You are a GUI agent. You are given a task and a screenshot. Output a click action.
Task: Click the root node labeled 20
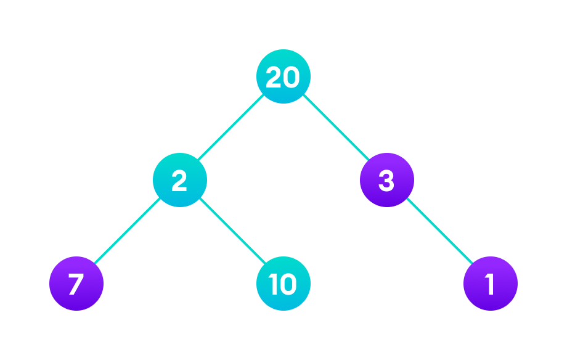click(x=283, y=76)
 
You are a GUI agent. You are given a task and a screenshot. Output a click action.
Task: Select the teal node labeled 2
click(x=179, y=180)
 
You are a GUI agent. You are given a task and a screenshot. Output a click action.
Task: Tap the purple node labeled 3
click(x=386, y=180)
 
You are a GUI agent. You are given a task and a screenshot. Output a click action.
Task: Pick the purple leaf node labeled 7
click(x=76, y=284)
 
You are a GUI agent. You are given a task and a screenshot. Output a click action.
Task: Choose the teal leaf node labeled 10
click(x=283, y=284)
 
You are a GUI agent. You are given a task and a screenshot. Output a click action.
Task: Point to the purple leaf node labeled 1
click(x=490, y=284)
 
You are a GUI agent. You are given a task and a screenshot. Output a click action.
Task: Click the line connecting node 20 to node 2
click(x=231, y=128)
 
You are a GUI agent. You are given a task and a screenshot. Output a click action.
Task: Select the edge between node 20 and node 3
click(x=335, y=128)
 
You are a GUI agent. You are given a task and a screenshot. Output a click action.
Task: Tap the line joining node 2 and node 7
click(x=128, y=232)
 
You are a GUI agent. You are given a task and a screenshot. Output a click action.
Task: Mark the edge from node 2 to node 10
click(x=231, y=232)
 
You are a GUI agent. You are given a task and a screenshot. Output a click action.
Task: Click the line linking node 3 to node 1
click(x=438, y=232)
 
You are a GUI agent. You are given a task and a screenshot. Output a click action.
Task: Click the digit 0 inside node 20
click(x=291, y=77)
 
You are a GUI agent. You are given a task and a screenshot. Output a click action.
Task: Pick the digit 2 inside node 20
click(x=274, y=77)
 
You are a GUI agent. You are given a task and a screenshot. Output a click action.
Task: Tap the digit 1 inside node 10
click(x=273, y=284)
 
